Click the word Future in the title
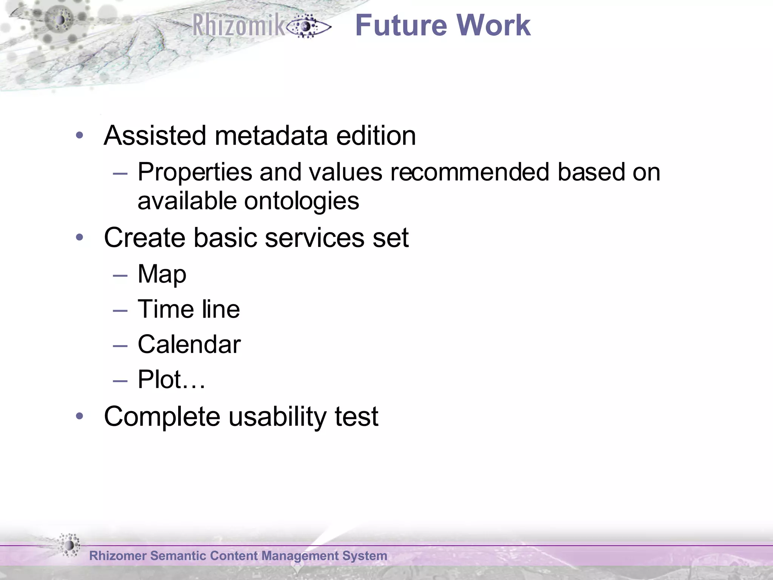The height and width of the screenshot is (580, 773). (402, 26)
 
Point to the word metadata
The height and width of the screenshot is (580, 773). (271, 136)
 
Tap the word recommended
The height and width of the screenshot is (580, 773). (470, 172)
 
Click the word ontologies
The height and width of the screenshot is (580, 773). (302, 201)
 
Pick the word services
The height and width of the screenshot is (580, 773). (315, 238)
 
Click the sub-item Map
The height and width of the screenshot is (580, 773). (162, 275)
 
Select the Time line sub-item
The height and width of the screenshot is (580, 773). (189, 309)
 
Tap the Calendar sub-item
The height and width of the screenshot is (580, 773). (189, 344)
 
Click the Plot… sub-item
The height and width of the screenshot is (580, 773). (171, 379)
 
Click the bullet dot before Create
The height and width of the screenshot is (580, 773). (79, 238)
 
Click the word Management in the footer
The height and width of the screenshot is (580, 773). (300, 556)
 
